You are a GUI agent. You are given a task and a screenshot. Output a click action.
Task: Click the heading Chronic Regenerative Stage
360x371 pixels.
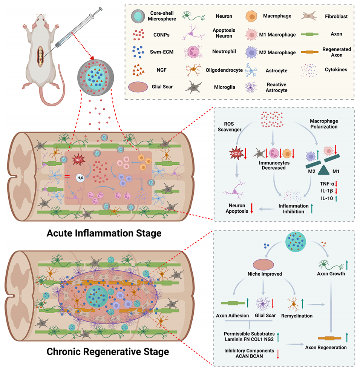[x=107, y=352]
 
